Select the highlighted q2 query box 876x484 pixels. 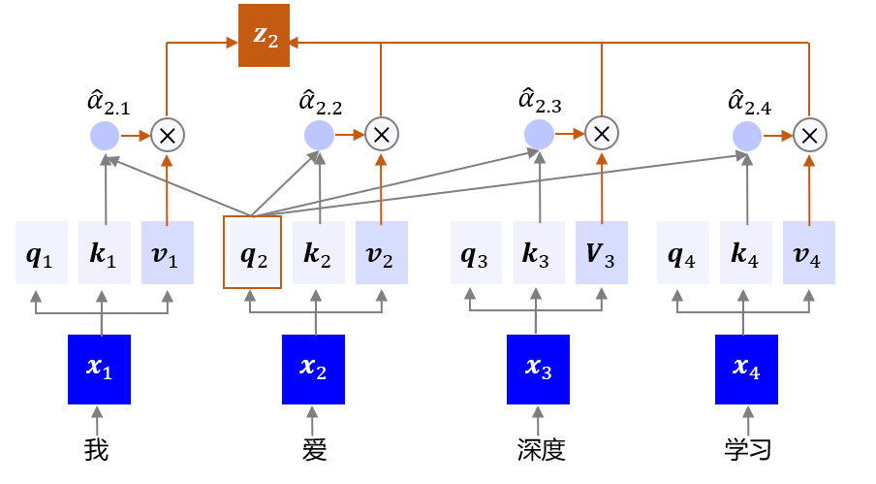[252, 252]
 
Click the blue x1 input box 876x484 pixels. [99, 370]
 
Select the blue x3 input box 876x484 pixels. [539, 370]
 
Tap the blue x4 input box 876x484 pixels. [747, 370]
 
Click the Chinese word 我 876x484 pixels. [97, 450]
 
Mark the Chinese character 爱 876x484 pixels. [314, 450]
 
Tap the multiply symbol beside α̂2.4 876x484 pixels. [809, 135]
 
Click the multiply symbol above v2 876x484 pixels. [381, 135]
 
